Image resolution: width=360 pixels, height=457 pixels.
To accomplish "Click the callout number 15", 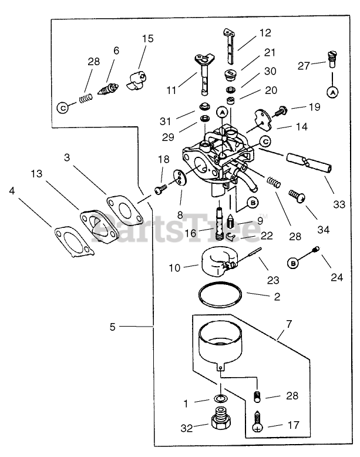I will click(147, 39).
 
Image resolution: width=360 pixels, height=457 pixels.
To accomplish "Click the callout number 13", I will click(36, 174).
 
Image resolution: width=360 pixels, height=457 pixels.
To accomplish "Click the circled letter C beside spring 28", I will click(63, 107).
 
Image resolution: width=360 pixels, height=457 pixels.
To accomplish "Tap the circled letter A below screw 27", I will click(332, 92).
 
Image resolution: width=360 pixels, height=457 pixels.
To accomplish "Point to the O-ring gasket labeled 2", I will click(219, 295).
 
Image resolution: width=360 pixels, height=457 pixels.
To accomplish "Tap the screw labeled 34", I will click(296, 196).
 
